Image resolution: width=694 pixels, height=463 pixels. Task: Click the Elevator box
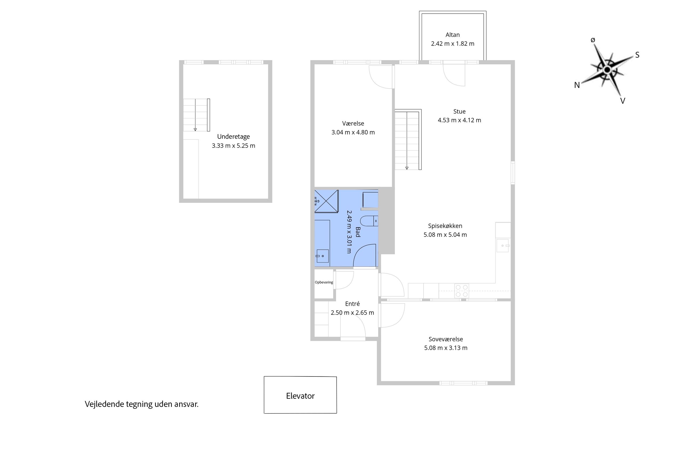[x=300, y=395]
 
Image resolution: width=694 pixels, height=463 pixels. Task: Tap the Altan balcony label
[x=452, y=35]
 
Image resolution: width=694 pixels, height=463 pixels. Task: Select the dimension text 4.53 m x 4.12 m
[x=459, y=120]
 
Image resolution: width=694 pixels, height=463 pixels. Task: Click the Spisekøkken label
[x=445, y=226]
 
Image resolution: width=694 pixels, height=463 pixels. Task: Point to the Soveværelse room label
[x=446, y=339]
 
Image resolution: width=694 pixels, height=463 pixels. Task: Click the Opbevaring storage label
[x=324, y=282]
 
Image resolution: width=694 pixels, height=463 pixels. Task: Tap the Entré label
[x=352, y=304]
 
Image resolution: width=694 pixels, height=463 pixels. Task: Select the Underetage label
[x=234, y=136]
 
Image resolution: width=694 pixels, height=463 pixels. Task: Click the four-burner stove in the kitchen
[x=462, y=291]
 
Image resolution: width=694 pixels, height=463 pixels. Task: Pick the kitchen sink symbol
[x=503, y=246]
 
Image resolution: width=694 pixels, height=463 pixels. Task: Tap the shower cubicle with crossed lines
[x=326, y=201]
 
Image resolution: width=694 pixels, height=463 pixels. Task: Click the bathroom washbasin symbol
[x=322, y=256]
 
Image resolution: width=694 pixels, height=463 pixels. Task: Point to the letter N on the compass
[x=577, y=85]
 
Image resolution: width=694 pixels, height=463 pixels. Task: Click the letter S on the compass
[x=637, y=55]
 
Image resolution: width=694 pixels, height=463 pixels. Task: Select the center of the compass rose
[x=607, y=70]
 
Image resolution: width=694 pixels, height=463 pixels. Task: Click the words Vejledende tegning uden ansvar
[x=142, y=404]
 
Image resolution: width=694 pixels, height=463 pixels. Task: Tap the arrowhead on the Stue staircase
[x=407, y=168]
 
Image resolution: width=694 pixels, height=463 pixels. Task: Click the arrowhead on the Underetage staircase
[x=195, y=129]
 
